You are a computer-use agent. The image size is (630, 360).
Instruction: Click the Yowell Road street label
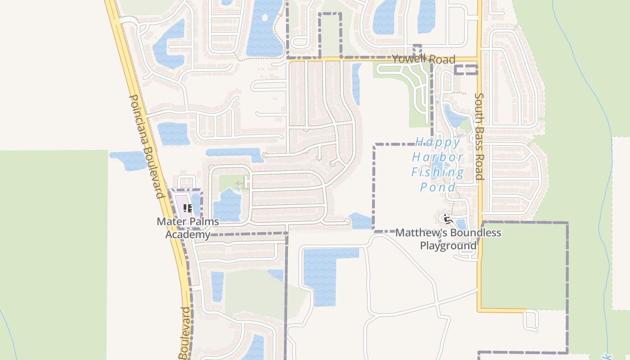423,59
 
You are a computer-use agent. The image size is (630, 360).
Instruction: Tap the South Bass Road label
479,136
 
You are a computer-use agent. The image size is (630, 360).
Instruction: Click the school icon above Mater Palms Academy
188,208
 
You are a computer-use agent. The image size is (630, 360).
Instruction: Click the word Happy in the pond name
438,143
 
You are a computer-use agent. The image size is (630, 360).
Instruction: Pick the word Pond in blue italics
437,187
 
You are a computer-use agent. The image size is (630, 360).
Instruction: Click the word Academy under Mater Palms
188,234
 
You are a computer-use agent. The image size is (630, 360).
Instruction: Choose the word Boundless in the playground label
473,233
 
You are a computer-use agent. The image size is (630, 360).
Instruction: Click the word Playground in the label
448,246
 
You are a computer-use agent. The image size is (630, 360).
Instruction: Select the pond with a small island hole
262,27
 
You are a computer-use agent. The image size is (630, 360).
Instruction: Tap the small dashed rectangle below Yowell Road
465,70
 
